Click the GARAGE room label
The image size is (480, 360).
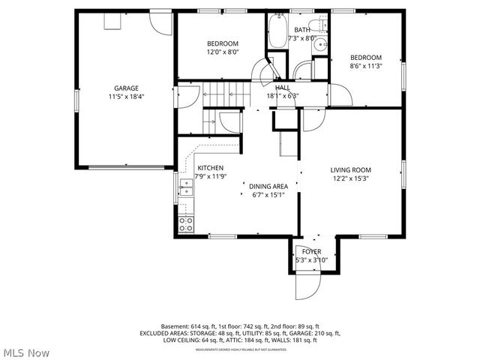126,88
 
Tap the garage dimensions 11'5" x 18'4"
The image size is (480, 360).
126,97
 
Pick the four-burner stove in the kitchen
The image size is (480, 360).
185,223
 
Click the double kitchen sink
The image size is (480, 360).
185,187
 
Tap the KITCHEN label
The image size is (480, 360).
210,168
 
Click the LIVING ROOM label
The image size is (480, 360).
351,169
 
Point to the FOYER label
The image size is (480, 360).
311,251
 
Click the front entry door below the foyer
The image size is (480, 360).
307,285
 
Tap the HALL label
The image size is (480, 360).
282,87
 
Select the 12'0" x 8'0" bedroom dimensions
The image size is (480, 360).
223,52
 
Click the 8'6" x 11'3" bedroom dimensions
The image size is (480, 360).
366,67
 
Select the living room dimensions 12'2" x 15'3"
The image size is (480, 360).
351,178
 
